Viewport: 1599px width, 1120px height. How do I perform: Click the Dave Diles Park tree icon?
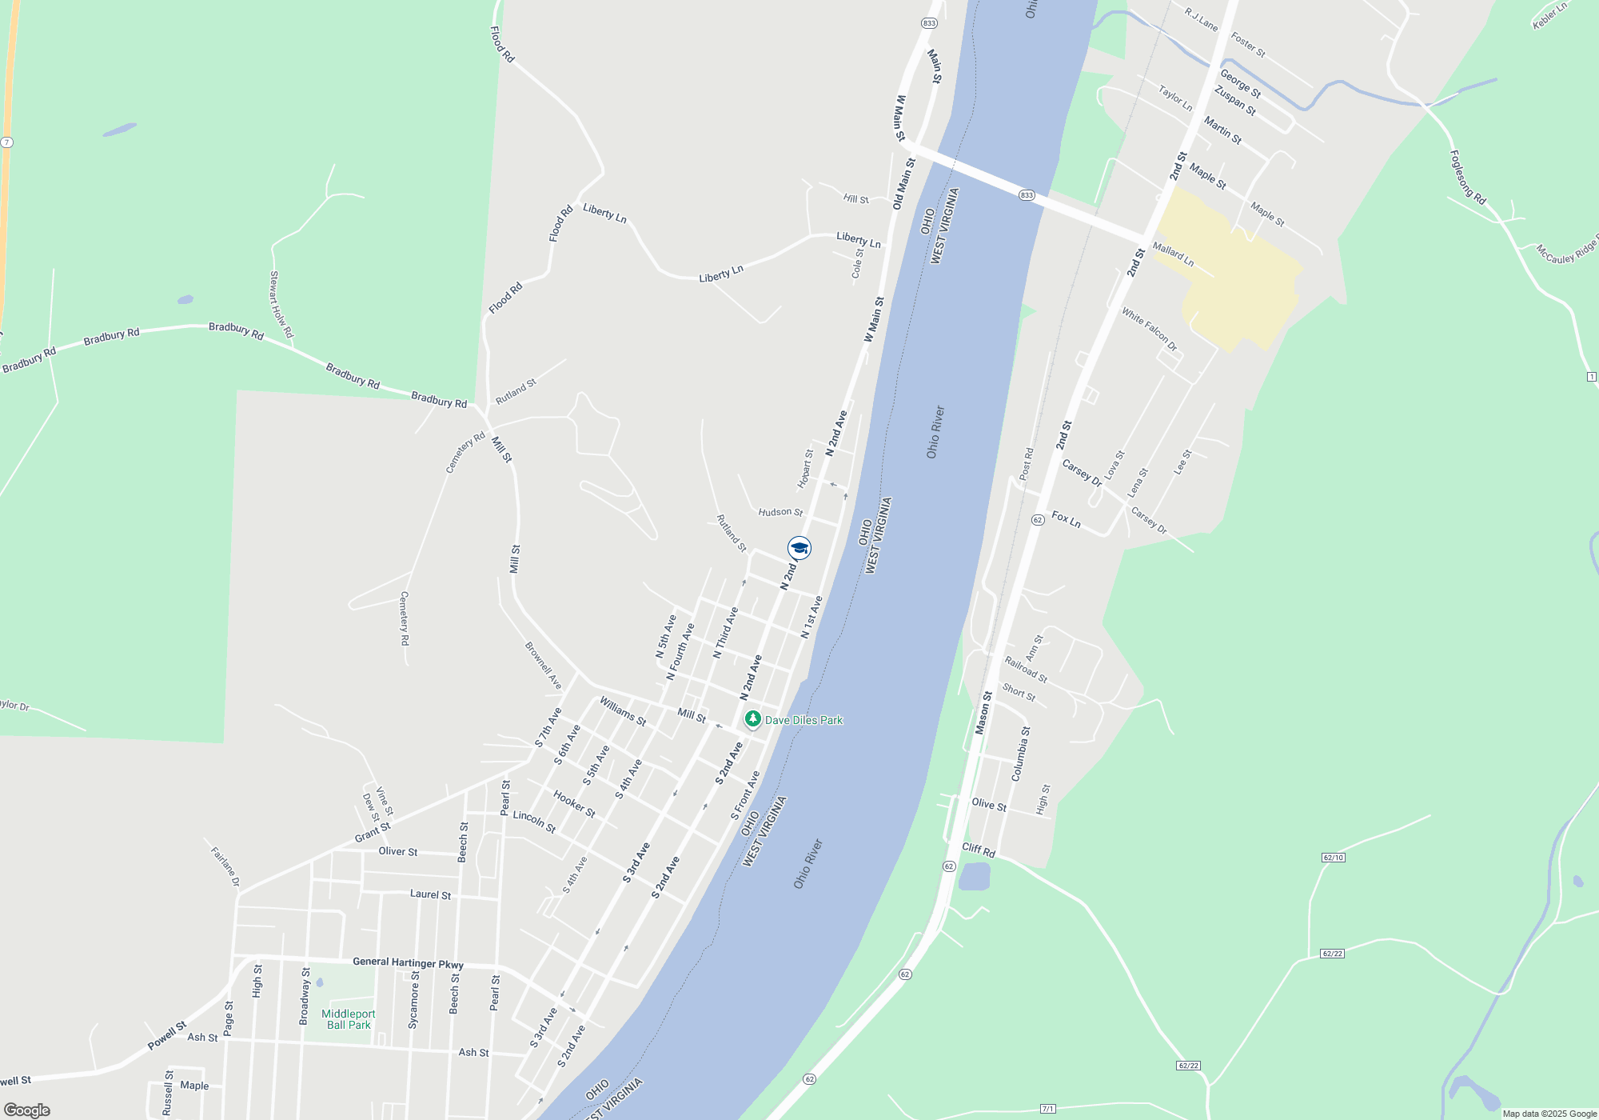tap(752, 719)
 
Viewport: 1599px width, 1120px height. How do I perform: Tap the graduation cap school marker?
tap(799, 548)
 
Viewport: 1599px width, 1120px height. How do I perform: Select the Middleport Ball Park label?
tap(349, 1019)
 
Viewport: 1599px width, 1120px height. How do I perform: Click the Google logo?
tap(26, 1110)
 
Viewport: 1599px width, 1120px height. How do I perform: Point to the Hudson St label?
tap(780, 512)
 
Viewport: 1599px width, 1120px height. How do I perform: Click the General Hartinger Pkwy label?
tap(408, 962)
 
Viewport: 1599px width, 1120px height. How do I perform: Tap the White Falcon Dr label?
tap(1149, 329)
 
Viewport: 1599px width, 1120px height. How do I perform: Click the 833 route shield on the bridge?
tap(1027, 195)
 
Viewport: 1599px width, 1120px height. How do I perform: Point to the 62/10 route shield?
tap(1334, 858)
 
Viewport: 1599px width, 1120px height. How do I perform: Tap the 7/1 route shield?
tap(1048, 1109)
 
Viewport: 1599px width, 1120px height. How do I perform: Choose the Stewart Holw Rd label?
tap(281, 304)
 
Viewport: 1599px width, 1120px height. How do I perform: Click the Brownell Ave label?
tap(544, 666)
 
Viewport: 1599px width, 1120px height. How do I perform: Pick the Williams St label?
tap(623, 711)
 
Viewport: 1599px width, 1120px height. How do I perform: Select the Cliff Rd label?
tap(979, 850)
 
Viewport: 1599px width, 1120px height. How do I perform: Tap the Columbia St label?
tap(1021, 754)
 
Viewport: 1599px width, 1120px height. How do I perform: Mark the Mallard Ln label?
tap(1173, 254)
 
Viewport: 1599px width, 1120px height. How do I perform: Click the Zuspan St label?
tap(1234, 101)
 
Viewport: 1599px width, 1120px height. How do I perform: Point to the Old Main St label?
tap(903, 184)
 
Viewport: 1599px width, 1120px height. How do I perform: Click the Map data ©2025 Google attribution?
tap(1549, 1114)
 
